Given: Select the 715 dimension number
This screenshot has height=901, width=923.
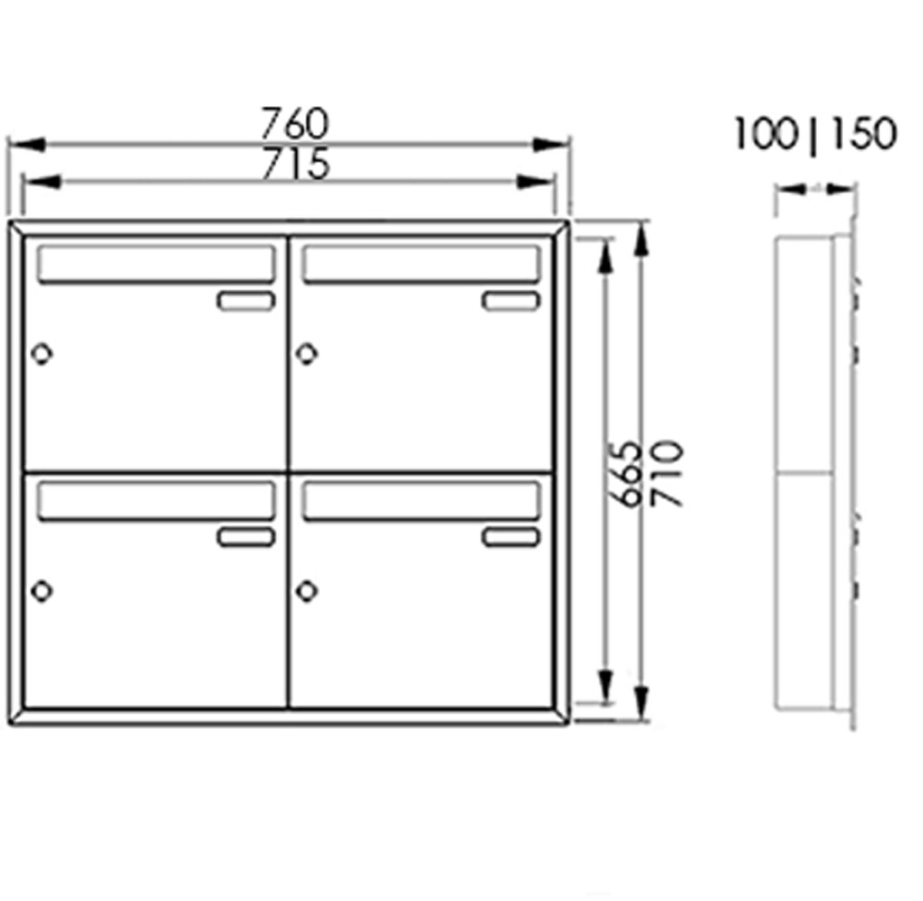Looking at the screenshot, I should (295, 164).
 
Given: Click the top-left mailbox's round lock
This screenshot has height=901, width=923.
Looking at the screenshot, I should (42, 354).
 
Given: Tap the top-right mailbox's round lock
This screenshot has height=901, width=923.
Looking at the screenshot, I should (307, 354).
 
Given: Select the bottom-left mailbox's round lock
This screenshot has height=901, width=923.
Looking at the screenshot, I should (42, 590).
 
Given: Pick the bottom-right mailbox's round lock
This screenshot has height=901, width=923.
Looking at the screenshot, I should (307, 590).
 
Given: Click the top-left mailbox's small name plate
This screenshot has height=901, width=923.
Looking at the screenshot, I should (246, 301).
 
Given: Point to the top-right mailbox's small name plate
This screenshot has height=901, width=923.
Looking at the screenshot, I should (511, 301).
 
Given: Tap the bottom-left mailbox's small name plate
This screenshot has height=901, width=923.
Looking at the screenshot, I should (246, 537).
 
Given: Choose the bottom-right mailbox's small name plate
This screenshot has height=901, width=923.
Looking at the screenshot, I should (511, 537).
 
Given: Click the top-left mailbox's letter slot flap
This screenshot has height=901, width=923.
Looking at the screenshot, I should (156, 264).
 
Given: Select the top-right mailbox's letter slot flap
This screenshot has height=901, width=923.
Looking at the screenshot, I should (422, 264).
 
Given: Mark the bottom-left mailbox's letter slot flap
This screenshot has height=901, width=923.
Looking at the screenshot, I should (156, 500).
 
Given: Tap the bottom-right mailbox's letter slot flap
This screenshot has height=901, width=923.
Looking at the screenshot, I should (422, 500).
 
